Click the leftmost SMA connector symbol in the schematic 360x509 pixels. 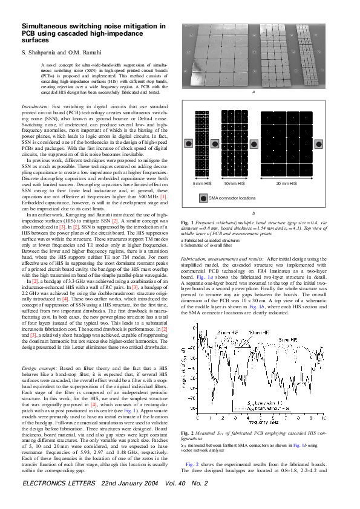[188, 143]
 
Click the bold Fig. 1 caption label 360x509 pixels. [187, 224]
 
